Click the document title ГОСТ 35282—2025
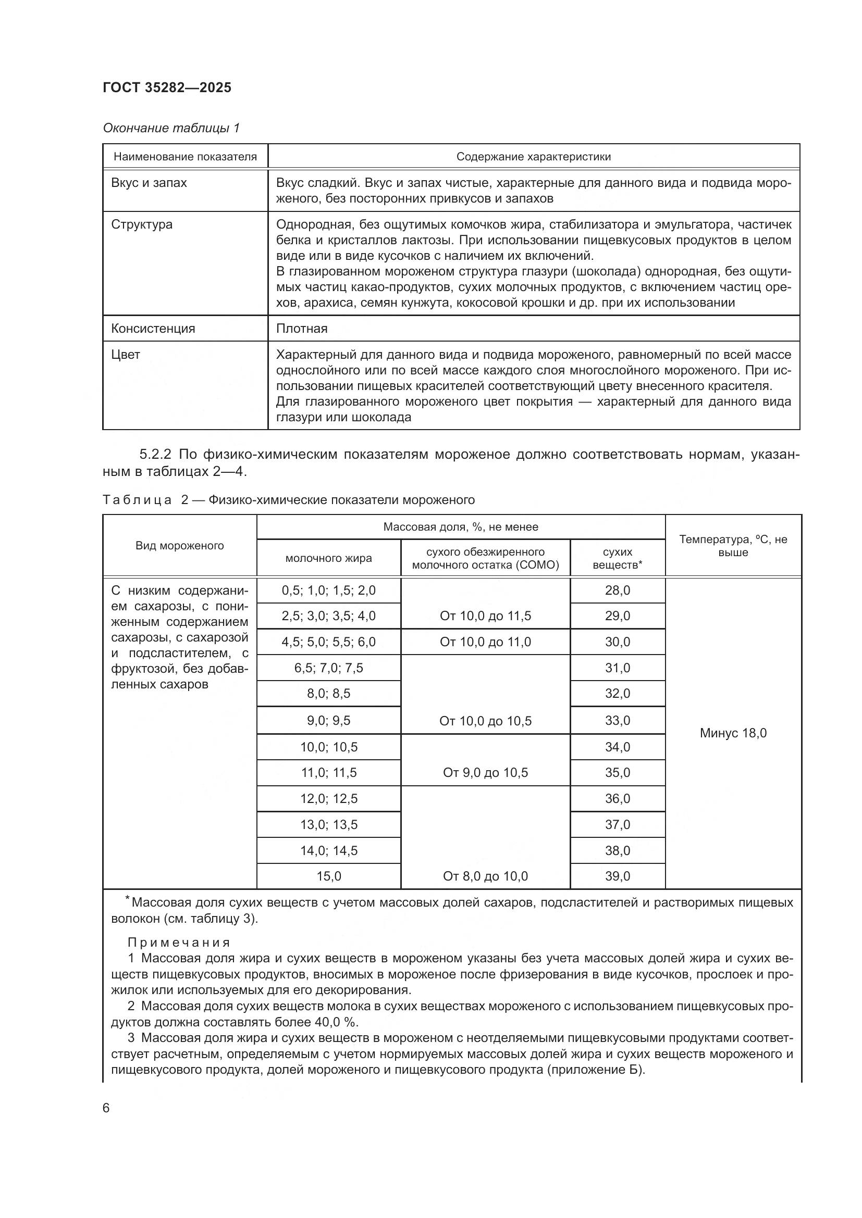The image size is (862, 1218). [x=167, y=87]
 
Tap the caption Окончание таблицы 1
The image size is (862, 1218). [x=171, y=128]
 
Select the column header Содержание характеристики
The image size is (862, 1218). [x=533, y=157]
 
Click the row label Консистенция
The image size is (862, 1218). [x=153, y=329]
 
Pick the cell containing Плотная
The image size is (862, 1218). [x=301, y=329]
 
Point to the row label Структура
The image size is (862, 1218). [x=142, y=224]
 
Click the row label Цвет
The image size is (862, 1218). [x=125, y=355]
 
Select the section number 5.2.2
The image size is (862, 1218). [x=156, y=455]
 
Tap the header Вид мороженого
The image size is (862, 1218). [x=179, y=546]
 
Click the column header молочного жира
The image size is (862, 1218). [x=328, y=558]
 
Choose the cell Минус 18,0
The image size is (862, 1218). [x=733, y=733]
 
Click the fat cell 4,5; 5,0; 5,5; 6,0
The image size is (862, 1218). [x=328, y=642]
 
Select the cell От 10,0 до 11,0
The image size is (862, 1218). [x=485, y=642]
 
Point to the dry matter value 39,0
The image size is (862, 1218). [x=617, y=876]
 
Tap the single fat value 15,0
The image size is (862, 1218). [x=328, y=876]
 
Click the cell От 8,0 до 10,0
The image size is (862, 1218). [x=485, y=876]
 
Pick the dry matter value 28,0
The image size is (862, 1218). [x=617, y=591]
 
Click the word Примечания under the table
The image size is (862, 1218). [x=178, y=943]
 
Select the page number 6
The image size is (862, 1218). [x=106, y=1108]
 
